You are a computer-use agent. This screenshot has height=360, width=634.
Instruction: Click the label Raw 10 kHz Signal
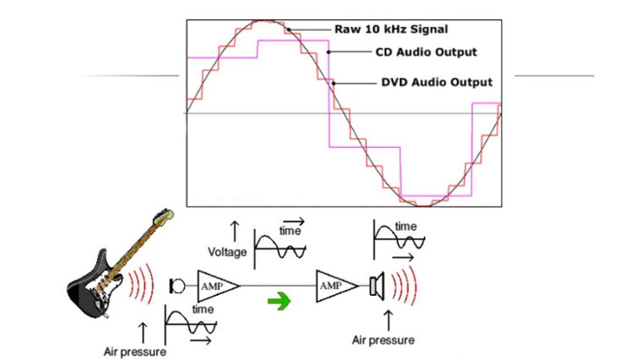click(391, 29)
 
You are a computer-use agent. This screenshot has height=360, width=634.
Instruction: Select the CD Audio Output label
click(426, 52)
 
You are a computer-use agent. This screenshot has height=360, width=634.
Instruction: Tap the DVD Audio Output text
click(437, 82)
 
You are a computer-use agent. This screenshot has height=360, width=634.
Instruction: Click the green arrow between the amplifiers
click(279, 301)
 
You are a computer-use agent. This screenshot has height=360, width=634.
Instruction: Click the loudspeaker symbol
click(377, 287)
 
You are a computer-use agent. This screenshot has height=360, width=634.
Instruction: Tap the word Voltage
click(227, 252)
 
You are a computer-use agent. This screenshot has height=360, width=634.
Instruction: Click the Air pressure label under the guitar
click(134, 352)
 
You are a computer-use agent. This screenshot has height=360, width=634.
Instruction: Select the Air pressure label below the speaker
click(383, 340)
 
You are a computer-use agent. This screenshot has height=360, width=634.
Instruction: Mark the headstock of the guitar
click(163, 216)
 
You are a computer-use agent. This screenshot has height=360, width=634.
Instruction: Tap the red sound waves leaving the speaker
click(404, 286)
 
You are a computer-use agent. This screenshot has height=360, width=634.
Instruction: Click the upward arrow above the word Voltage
click(234, 231)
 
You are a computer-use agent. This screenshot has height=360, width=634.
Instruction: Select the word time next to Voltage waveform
click(290, 231)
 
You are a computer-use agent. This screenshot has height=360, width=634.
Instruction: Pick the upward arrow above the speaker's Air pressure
click(388, 321)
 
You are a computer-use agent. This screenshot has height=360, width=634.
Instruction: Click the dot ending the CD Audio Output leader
click(328, 52)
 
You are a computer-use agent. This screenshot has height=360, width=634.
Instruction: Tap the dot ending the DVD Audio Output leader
click(333, 83)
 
